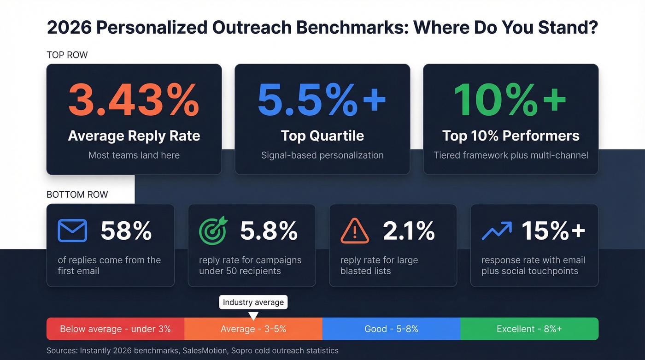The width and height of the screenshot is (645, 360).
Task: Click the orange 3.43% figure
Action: click(x=134, y=100)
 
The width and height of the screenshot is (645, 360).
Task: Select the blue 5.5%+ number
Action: click(x=322, y=100)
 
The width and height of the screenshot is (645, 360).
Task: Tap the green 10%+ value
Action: click(x=510, y=100)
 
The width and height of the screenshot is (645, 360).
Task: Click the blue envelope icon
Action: click(x=72, y=230)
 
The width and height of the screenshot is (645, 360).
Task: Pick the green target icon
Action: click(x=213, y=230)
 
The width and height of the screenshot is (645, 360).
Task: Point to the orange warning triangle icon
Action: click(x=354, y=230)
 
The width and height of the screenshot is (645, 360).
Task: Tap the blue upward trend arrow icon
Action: click(x=496, y=230)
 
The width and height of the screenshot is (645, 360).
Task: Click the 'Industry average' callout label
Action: click(x=253, y=302)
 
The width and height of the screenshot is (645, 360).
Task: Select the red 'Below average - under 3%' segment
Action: click(x=115, y=329)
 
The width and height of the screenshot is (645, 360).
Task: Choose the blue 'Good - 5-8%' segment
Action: click(x=391, y=329)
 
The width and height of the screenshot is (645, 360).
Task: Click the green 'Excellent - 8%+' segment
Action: click(x=529, y=329)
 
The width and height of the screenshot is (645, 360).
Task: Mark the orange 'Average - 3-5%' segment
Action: click(x=253, y=329)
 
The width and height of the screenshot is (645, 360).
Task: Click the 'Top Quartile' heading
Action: click(x=322, y=136)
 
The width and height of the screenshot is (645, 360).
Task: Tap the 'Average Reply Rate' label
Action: click(x=134, y=136)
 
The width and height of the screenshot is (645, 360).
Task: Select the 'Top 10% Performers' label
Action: click(x=510, y=136)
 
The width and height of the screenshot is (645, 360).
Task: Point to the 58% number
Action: click(x=126, y=231)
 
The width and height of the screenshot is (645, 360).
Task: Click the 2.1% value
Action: click(x=409, y=231)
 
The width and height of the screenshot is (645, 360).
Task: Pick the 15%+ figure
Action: click(x=553, y=231)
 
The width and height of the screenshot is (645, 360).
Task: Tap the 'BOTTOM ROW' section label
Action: click(x=77, y=195)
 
